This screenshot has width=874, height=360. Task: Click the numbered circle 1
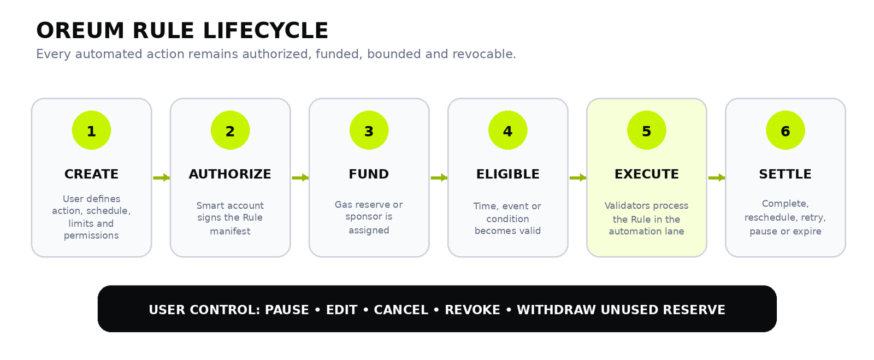pyautogui.click(x=91, y=130)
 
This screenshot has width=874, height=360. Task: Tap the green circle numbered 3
pyautogui.click(x=369, y=130)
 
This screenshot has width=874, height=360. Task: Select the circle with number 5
pyautogui.click(x=647, y=130)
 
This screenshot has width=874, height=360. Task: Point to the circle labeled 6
pyautogui.click(x=786, y=130)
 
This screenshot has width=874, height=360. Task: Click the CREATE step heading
pyautogui.click(x=91, y=174)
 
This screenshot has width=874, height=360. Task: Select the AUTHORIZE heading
pyautogui.click(x=230, y=174)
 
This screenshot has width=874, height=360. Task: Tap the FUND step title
pyautogui.click(x=369, y=174)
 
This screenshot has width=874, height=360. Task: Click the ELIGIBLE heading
pyautogui.click(x=507, y=174)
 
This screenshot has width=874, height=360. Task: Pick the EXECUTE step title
pyautogui.click(x=647, y=174)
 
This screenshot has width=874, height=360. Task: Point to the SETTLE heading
pyautogui.click(x=785, y=174)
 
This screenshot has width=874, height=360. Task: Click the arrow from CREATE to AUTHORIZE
pyautogui.click(x=162, y=178)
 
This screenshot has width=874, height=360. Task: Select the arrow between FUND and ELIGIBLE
pyautogui.click(x=439, y=178)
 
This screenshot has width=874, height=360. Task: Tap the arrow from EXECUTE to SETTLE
pyautogui.click(x=717, y=178)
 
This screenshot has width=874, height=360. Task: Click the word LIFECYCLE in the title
pyautogui.click(x=265, y=31)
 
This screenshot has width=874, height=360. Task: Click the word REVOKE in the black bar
pyautogui.click(x=473, y=310)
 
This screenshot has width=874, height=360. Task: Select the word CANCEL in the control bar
pyautogui.click(x=401, y=310)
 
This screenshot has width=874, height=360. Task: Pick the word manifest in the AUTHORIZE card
pyautogui.click(x=230, y=231)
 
